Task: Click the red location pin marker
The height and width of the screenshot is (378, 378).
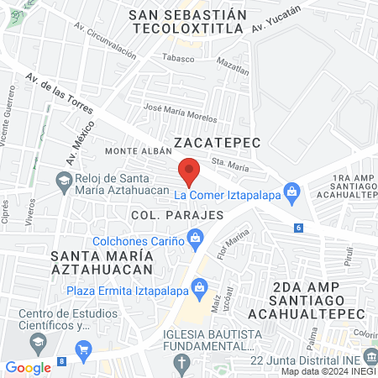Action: [190, 171]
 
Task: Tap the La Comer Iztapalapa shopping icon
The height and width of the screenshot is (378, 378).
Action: [291, 191]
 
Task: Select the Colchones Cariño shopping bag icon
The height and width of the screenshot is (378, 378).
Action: [196, 239]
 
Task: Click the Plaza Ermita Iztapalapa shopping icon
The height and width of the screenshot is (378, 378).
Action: [200, 288]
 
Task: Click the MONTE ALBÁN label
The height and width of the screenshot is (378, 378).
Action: [134, 150]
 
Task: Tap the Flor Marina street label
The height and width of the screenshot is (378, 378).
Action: [227, 243]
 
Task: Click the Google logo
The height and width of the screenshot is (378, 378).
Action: [28, 367]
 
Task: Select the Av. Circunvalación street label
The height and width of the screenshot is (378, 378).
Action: [104, 44]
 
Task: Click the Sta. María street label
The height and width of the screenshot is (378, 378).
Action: [229, 166]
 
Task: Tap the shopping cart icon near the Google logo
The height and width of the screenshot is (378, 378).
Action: [82, 349]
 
